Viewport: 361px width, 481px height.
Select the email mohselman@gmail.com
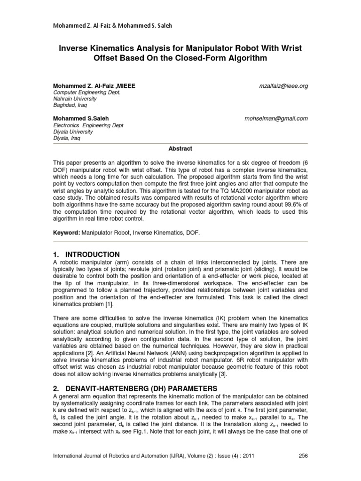point(276,119)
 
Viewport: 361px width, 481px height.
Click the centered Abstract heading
point(180,148)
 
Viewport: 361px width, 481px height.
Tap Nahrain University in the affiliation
point(74,99)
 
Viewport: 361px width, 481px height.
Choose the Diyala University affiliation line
point(72,132)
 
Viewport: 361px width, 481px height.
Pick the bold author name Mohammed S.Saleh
point(81,119)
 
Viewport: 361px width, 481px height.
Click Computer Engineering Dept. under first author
point(86,93)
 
